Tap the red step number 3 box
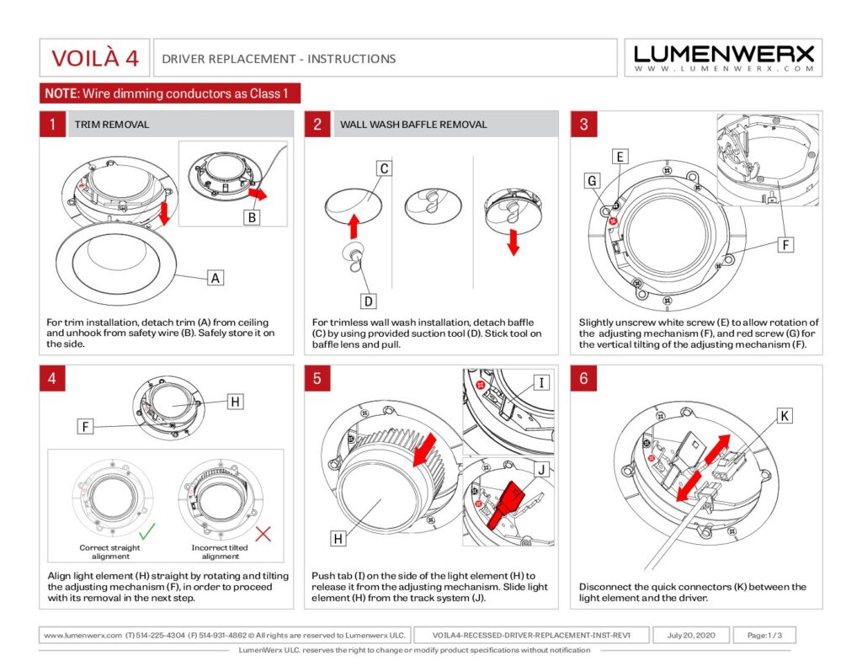tap(584, 125)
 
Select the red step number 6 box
tap(584, 379)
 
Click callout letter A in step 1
tap(215, 277)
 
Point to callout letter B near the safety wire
tap(251, 216)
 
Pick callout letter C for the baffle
tap(383, 168)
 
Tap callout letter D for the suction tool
tap(369, 301)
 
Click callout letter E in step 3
tap(620, 157)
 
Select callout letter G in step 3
tap(593, 180)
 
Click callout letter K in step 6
tap(784, 416)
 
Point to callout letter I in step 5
tap(542, 384)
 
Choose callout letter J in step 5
tap(542, 470)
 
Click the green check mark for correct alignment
tap(146, 532)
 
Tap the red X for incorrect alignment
tap(263, 532)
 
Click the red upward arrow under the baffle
tap(354, 226)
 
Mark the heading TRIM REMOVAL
tap(112, 125)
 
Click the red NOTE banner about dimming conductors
tap(169, 93)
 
